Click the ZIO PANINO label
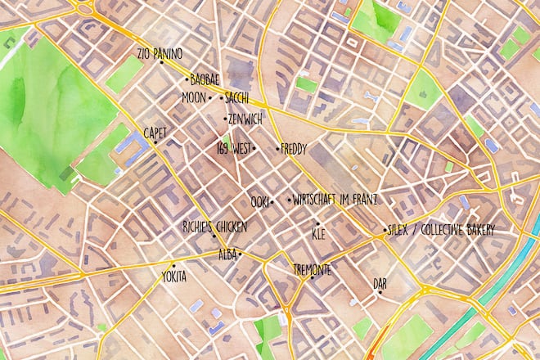coord(160,54)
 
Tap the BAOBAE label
coord(204,80)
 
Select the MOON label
coord(194,98)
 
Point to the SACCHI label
coord(236,98)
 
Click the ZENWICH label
coord(245,119)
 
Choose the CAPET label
coord(155,132)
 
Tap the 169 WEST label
coord(232,149)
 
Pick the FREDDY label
coord(293,149)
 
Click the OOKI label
coord(259,201)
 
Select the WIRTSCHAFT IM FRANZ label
coord(335,200)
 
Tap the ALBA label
coord(227,255)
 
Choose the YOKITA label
coord(173,277)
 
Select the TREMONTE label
coord(312,269)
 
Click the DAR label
coord(380,283)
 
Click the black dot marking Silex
coord(385,231)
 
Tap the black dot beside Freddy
coord(277,148)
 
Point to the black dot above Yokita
coord(173,266)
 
